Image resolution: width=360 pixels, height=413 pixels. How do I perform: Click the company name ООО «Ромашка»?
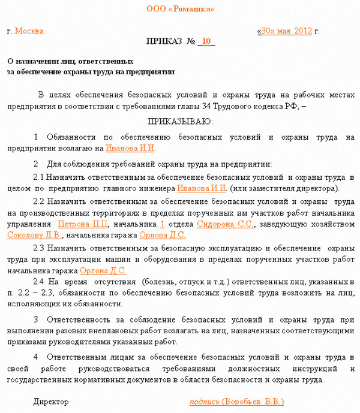click(180, 9)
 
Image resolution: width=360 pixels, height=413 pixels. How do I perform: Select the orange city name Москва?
click(29, 31)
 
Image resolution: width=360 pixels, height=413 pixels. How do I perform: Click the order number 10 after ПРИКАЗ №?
click(206, 41)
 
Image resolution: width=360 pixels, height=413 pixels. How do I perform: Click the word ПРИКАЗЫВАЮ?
click(180, 122)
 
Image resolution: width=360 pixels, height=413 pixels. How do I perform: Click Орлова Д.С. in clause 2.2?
click(162, 235)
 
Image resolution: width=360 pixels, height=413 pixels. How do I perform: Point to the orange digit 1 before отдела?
click(162, 224)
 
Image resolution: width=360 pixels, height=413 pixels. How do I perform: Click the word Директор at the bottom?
click(51, 402)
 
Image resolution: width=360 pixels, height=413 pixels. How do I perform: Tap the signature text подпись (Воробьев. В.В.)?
click(236, 402)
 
